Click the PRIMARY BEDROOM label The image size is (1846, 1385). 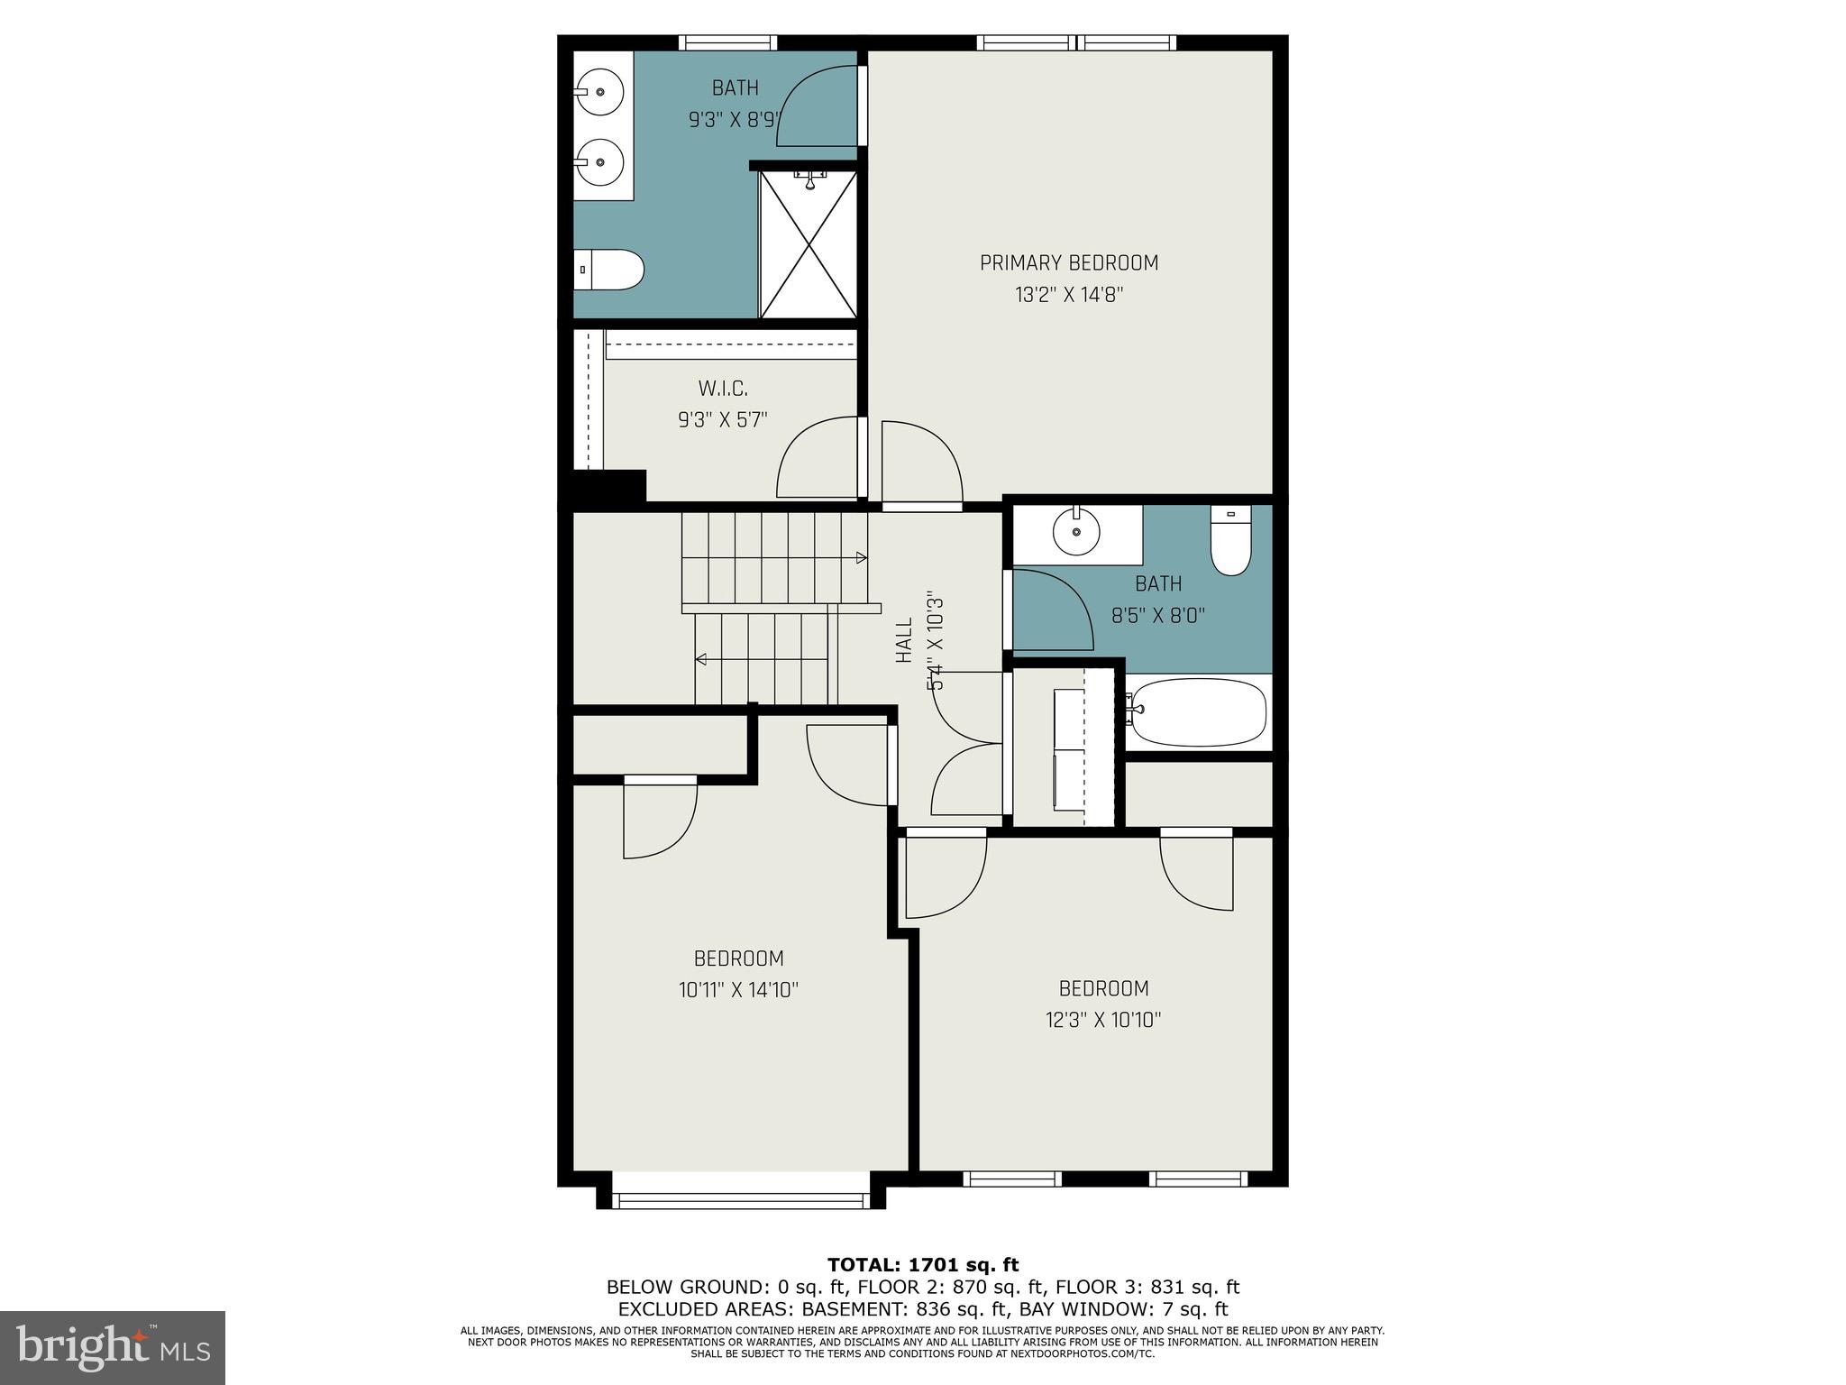pos(1069,263)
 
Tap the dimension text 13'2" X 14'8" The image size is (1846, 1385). pos(1069,295)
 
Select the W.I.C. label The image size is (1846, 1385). pos(723,389)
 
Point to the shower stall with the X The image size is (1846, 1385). pos(809,244)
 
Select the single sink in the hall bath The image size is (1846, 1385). pos(1076,531)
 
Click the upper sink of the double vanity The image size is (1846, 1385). pos(599,93)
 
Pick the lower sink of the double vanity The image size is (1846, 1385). pos(599,162)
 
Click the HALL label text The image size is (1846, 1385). pos(904,641)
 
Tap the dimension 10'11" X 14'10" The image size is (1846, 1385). pos(738,990)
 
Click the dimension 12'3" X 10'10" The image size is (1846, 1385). pos(1103,1020)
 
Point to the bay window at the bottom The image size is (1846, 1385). pos(740,1200)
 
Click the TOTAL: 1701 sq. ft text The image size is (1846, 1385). pos(923,1265)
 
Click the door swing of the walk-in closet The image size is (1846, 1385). pos(816,458)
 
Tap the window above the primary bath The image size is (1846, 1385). pos(727,42)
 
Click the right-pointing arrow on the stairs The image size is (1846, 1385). pos(861,558)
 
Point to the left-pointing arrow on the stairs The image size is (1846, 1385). pos(700,660)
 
